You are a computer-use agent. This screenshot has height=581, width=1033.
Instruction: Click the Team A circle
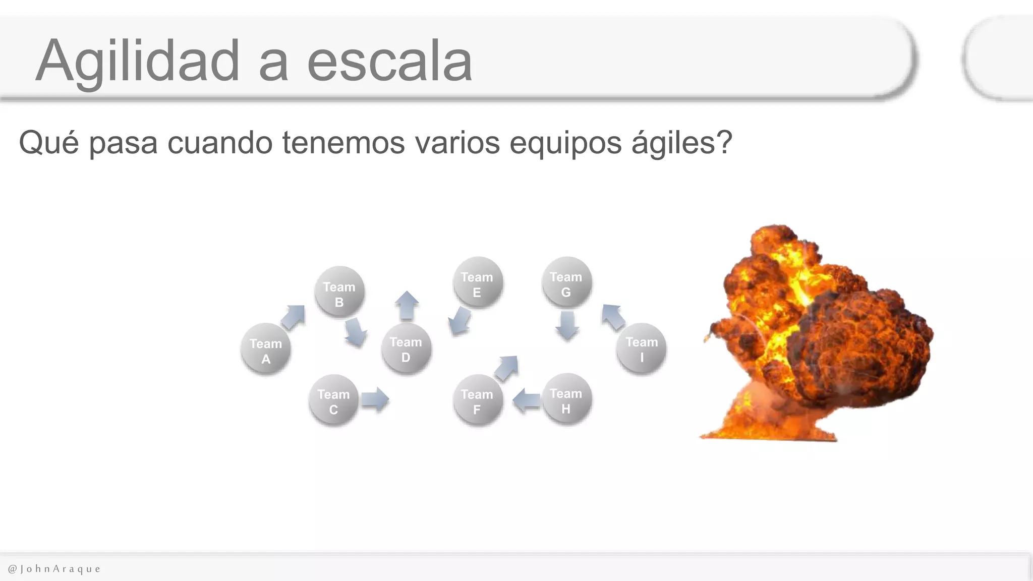point(266,348)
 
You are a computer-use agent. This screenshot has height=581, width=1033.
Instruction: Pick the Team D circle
point(406,348)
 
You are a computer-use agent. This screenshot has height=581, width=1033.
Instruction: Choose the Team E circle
point(477,282)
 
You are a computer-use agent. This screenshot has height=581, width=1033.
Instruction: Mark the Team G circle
point(566,282)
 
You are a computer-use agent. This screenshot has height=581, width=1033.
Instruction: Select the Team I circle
point(642,348)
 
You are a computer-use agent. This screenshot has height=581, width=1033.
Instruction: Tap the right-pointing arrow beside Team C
point(375,399)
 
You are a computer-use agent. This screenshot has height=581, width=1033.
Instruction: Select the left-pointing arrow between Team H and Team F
point(527,401)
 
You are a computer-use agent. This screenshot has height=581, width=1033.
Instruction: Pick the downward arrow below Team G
point(567,325)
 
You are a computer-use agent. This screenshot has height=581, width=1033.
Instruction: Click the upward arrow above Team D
point(407,306)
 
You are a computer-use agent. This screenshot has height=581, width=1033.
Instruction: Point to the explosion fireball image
point(817,333)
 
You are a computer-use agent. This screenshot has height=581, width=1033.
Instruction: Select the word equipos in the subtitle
point(566,143)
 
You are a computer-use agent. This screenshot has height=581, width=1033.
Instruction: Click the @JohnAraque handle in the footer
point(54,569)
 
